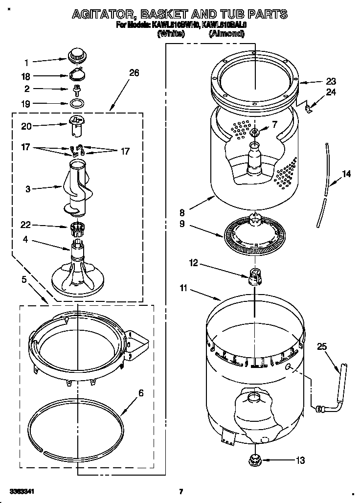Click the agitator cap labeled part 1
(x=76, y=56)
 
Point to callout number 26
(x=134, y=73)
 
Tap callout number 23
(x=331, y=82)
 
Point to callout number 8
(x=182, y=212)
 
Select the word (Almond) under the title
(x=226, y=34)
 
